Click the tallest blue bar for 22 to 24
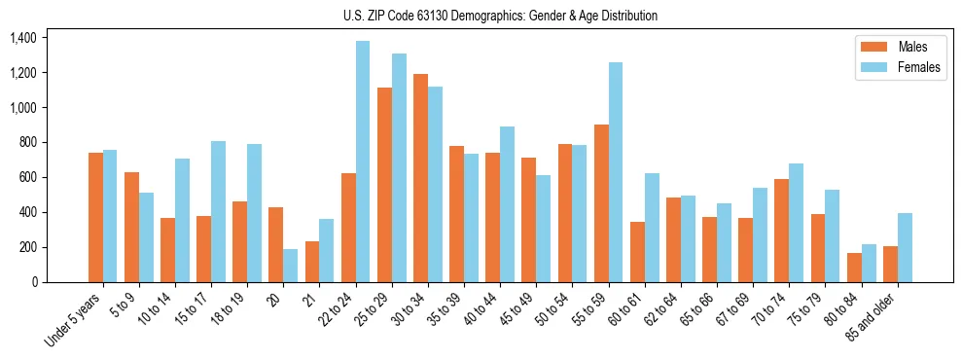click(x=362, y=162)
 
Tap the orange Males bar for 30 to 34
click(x=420, y=178)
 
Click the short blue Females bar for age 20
click(x=290, y=266)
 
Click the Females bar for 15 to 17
click(x=218, y=212)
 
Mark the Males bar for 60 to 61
click(x=637, y=252)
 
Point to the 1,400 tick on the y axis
click(x=23, y=38)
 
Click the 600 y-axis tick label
click(x=28, y=177)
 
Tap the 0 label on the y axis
click(x=35, y=282)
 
